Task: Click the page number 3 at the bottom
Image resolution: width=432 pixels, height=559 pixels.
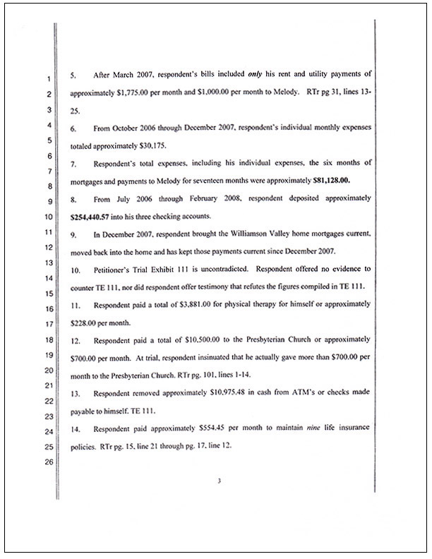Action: pyautogui.click(x=219, y=481)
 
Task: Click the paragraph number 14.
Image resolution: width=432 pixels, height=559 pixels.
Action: pyautogui.click(x=75, y=430)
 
